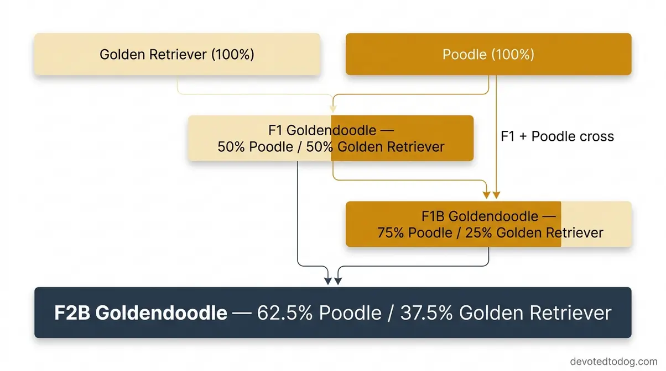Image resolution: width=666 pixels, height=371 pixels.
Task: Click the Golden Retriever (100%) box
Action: coord(177,54)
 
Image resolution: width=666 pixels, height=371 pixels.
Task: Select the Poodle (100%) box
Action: coord(488,54)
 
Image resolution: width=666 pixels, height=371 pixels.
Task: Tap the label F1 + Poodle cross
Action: coord(557,136)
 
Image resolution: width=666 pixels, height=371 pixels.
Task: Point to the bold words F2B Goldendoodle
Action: coord(141,313)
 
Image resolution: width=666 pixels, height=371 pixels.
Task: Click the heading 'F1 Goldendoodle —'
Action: coord(330,131)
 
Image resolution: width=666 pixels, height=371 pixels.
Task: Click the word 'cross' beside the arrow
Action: coord(595,136)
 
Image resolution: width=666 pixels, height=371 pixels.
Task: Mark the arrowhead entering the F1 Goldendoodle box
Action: coord(332,111)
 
